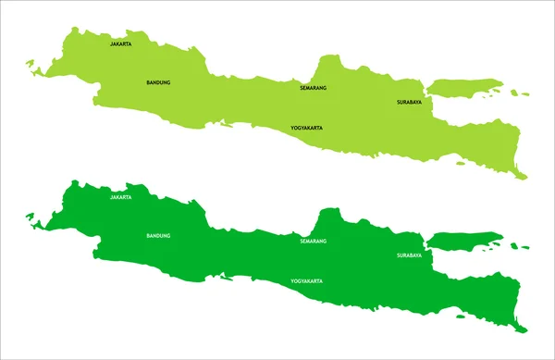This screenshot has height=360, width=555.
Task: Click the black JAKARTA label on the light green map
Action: (120, 43)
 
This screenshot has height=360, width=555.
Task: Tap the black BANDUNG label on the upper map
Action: (158, 82)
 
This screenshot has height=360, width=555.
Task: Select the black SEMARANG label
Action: (314, 88)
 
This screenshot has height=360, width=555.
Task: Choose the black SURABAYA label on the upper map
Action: (409, 102)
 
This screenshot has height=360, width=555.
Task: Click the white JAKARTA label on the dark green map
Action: (120, 197)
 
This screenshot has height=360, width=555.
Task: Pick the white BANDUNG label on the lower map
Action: (158, 236)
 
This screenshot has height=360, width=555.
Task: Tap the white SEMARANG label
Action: (314, 242)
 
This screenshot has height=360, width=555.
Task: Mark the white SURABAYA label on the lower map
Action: (409, 255)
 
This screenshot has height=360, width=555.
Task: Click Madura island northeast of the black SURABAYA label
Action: (467, 88)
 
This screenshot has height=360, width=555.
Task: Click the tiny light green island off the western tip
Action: (31, 64)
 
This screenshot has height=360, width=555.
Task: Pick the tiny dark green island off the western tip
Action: (31, 217)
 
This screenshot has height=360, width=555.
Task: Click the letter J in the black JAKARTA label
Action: (111, 43)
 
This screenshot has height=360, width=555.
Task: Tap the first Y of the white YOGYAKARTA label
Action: (292, 280)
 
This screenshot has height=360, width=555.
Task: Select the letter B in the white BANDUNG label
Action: (148, 236)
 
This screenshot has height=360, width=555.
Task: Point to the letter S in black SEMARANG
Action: (302, 88)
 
